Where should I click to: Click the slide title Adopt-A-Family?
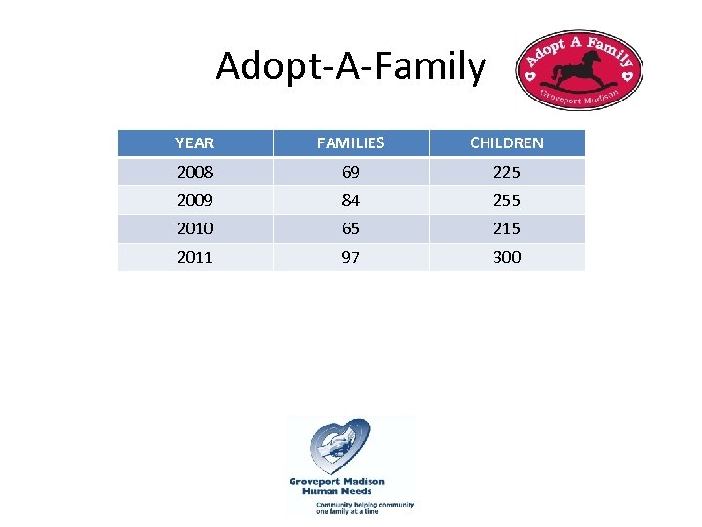[350, 67]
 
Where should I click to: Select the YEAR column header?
[194, 143]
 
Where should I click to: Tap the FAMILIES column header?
[350, 143]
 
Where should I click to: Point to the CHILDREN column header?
[506, 143]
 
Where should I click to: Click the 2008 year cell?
[194, 172]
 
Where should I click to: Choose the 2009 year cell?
[194, 200]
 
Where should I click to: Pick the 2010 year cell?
[194, 228]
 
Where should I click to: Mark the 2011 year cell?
[194, 257]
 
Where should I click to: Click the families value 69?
[350, 172]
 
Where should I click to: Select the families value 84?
[350, 200]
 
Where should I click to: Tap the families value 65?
[350, 228]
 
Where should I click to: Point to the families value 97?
[350, 257]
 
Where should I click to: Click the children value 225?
[506, 172]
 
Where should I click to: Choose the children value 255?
[506, 200]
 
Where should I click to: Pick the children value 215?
[506, 228]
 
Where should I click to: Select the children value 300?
[506, 257]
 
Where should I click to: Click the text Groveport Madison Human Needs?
[336, 486]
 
